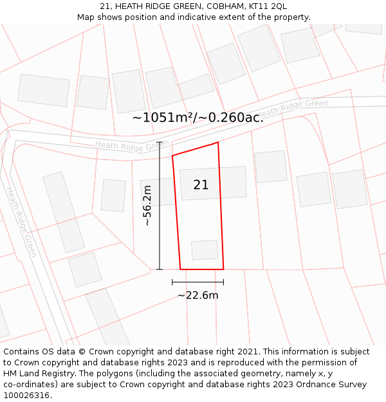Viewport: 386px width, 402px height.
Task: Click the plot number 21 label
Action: coord(201,185)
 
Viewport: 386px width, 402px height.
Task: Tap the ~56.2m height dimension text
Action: coord(147,205)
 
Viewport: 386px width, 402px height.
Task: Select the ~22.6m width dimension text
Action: coord(198,295)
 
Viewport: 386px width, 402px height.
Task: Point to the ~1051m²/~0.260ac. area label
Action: coord(198,118)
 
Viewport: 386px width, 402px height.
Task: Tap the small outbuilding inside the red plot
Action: coord(205,250)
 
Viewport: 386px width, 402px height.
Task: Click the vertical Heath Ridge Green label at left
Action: coord(22,222)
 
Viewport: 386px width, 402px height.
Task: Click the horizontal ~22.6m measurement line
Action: coord(198,282)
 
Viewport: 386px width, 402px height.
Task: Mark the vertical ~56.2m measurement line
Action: coord(160,205)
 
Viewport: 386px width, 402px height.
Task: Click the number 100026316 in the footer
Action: coord(26,396)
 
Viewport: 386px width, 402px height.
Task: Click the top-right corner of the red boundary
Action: coord(218,142)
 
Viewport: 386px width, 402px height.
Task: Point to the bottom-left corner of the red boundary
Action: coord(180,269)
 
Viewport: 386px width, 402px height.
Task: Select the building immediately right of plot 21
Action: coord(270,167)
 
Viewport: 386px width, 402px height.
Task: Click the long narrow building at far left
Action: coord(63,212)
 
